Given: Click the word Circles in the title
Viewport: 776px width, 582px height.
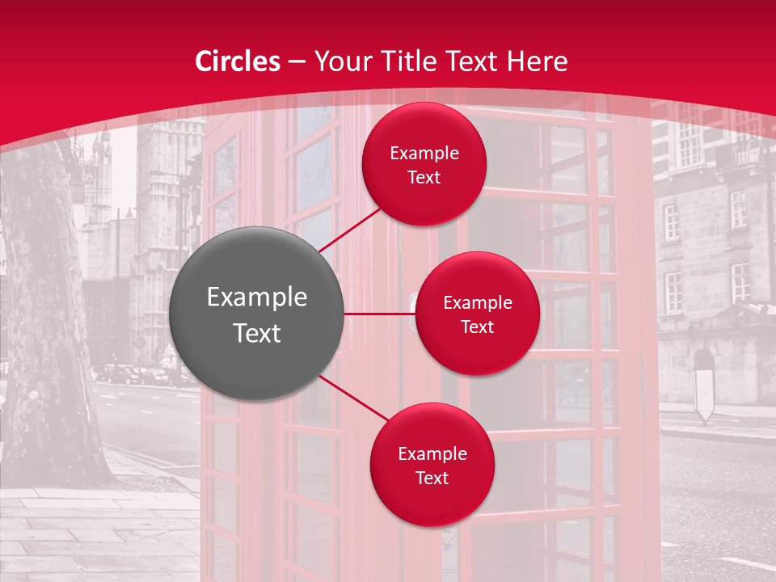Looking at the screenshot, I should click(238, 61).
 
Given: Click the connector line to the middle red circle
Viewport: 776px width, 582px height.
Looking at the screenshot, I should click(380, 314).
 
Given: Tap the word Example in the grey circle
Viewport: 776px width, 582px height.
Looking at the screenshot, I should click(257, 297).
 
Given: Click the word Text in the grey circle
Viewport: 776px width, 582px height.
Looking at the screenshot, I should click(257, 333).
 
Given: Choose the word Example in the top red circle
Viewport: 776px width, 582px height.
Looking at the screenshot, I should click(424, 154).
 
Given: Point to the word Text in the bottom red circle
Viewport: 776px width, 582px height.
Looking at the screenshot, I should click(432, 479).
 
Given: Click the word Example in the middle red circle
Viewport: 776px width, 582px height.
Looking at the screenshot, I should click(478, 303).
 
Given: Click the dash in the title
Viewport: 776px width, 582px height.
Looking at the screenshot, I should click(297, 62).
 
